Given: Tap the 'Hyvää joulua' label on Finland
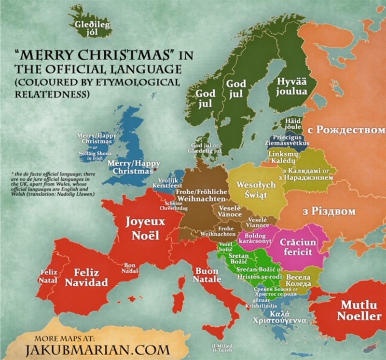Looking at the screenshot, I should point(291,87).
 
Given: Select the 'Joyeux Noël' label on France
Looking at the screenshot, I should point(145,228).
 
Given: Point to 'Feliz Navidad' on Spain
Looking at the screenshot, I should point(86,278).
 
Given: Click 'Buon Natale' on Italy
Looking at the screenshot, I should point(207,275).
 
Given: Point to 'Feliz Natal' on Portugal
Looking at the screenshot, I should point(49,276).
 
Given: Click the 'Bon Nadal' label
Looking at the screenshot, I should point(130,268).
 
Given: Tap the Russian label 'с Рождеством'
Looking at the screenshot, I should point(346,130).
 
